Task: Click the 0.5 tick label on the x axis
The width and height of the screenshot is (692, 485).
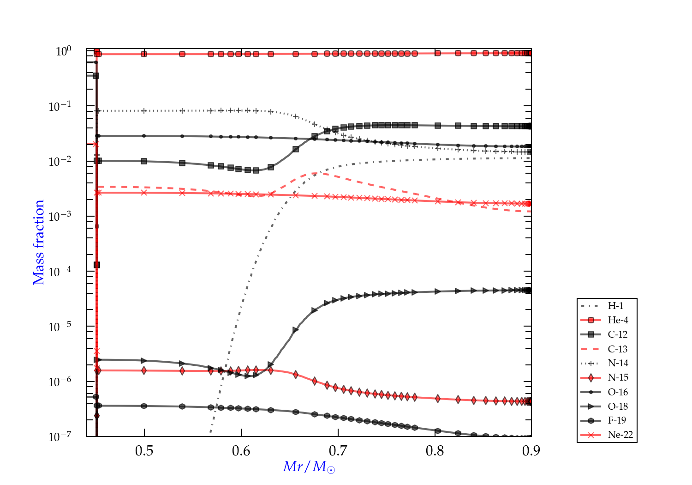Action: pos(144,450)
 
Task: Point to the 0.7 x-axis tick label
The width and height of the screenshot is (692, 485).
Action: pos(338,450)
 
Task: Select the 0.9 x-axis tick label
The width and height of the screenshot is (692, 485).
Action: pos(531,450)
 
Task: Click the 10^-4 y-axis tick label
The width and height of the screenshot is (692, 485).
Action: pos(60,272)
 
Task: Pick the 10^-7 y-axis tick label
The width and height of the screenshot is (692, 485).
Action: pos(60,436)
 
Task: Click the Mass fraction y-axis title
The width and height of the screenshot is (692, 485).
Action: pos(38,242)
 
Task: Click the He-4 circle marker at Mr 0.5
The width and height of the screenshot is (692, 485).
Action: pos(144,54)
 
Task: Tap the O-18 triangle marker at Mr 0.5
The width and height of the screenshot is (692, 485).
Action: pos(144,360)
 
